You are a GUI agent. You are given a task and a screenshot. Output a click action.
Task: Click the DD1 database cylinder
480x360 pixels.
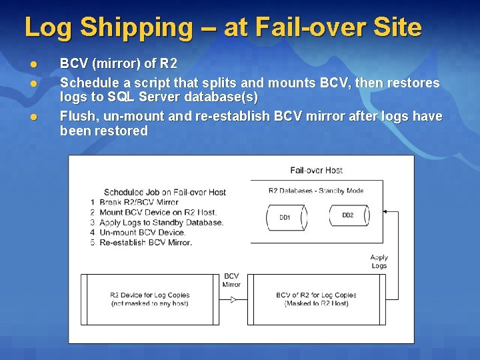tap(285, 217)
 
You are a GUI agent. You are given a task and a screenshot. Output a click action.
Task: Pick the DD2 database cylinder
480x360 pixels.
tap(348, 215)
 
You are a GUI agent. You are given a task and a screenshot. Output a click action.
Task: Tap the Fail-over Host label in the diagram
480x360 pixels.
tap(316, 171)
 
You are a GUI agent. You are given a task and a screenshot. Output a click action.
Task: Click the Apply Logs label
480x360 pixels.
tap(379, 261)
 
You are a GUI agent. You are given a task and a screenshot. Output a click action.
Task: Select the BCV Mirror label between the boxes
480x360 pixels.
tap(231, 280)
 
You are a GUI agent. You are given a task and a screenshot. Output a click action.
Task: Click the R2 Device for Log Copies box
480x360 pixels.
tap(149, 299)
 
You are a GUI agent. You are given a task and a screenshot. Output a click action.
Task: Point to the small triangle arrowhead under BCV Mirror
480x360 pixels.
tap(233, 300)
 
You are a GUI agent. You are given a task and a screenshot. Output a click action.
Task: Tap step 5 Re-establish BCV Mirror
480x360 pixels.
tap(145, 242)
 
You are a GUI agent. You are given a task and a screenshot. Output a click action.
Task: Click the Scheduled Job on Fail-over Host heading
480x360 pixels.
tap(165, 192)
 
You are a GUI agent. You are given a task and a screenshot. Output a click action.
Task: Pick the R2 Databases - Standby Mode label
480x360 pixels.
tap(316, 191)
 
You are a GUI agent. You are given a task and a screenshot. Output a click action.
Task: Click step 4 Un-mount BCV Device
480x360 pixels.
tap(142, 232)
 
